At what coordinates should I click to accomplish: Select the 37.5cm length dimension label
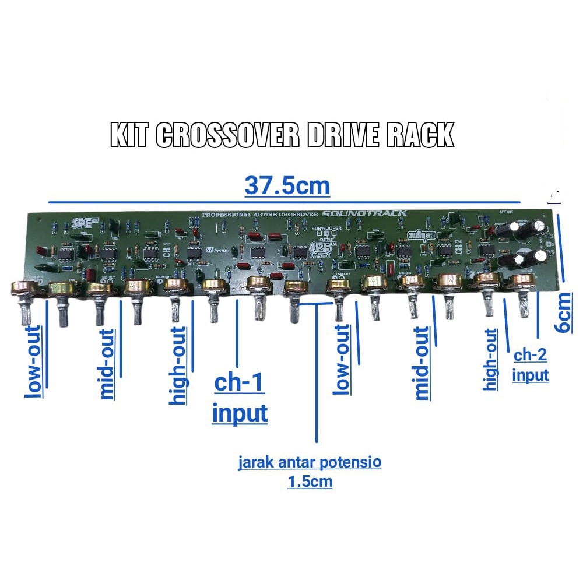tap(287, 186)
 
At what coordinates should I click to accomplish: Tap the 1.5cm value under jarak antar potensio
tap(310, 482)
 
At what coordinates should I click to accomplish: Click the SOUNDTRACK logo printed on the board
tap(364, 213)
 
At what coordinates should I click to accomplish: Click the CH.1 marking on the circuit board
tap(167, 250)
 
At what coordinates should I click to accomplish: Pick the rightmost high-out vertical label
tap(491, 360)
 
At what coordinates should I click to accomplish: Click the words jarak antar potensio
tap(310, 463)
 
